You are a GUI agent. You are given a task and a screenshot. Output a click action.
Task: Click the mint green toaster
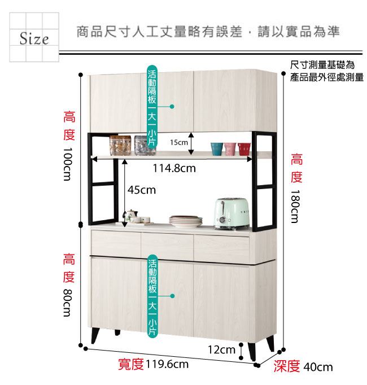[231, 214]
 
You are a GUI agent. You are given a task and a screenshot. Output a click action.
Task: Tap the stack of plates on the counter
[186, 221]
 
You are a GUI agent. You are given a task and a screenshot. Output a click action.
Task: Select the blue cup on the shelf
[217, 149]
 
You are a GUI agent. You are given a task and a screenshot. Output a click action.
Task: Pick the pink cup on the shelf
[230, 149]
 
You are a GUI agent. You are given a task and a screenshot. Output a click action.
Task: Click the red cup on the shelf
[244, 149]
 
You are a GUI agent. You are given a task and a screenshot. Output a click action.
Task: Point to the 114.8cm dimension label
[174, 168]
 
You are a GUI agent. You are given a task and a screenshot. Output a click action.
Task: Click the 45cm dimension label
[142, 190]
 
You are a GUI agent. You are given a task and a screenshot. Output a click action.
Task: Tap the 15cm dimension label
[179, 142]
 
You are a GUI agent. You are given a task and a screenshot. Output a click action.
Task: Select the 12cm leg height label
[221, 349]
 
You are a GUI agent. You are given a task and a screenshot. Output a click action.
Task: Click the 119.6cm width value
[167, 364]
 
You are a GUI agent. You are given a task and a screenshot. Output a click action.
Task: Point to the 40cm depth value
[318, 367]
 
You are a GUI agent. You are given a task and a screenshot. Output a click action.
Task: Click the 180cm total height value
[295, 206]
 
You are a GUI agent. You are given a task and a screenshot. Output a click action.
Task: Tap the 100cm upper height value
[68, 164]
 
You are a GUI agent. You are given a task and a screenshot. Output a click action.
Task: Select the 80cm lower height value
[68, 303]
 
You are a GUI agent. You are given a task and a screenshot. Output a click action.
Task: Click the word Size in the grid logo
[34, 38]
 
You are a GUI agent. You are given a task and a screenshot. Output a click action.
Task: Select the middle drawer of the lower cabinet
[167, 246]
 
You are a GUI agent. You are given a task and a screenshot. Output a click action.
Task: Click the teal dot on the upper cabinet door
[172, 106]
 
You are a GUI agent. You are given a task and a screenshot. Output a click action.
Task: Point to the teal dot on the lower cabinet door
[172, 296]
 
